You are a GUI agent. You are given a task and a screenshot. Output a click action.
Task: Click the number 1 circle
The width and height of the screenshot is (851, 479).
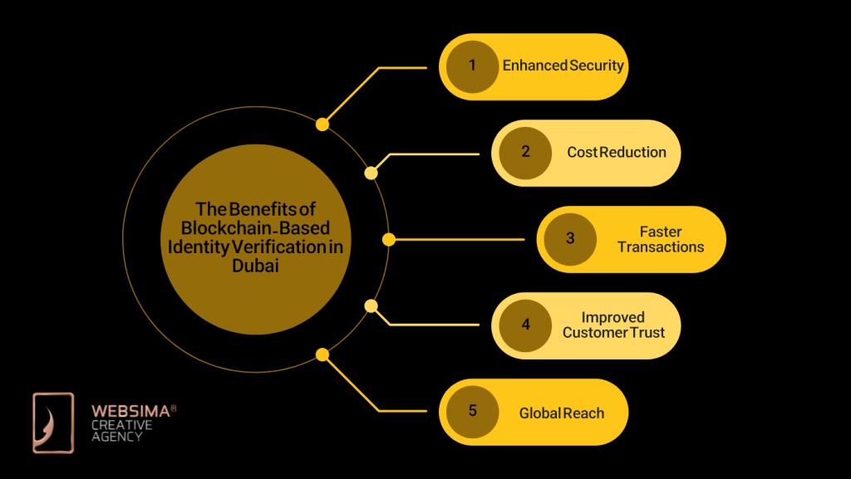pyautogui.click(x=472, y=66)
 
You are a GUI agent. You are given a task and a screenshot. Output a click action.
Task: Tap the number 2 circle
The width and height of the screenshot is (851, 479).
pyautogui.click(x=525, y=153)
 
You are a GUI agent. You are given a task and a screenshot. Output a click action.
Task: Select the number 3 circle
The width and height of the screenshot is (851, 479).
pyautogui.click(x=570, y=239)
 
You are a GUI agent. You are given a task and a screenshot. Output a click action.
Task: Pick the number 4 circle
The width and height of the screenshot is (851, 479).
pyautogui.click(x=525, y=325)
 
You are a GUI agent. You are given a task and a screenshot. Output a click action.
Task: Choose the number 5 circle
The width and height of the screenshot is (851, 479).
pyautogui.click(x=472, y=412)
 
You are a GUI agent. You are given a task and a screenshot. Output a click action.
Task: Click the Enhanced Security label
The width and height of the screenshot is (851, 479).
pyautogui.click(x=563, y=66)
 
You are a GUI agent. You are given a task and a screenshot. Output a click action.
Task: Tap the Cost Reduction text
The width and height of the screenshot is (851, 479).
pyautogui.click(x=617, y=153)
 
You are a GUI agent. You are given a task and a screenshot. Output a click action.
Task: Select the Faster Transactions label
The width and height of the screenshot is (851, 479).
pyautogui.click(x=661, y=239)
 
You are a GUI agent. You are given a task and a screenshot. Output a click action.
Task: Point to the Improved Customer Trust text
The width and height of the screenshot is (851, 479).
pyautogui.click(x=613, y=325)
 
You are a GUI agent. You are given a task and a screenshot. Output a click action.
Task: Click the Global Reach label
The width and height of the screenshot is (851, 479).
pyautogui.click(x=562, y=413)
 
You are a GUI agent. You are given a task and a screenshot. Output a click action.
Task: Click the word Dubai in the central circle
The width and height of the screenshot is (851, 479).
pyautogui.click(x=256, y=266)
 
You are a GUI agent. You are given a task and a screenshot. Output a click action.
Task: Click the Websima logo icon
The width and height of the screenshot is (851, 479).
pyautogui.click(x=53, y=423)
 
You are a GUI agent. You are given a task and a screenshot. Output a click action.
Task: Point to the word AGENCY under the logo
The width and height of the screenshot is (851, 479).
pyautogui.click(x=117, y=437)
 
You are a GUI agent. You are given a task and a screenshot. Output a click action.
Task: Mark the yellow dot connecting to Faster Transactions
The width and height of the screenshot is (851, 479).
pyautogui.click(x=388, y=239)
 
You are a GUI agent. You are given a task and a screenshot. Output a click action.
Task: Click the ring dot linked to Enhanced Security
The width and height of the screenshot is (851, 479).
pyautogui.click(x=322, y=125)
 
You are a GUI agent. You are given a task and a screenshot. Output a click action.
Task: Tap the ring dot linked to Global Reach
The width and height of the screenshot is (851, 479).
pyautogui.click(x=322, y=354)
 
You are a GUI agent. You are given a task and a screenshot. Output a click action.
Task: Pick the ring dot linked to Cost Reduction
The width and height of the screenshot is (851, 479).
pyautogui.click(x=371, y=173)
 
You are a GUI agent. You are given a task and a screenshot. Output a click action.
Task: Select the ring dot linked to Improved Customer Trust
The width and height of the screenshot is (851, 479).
pyautogui.click(x=371, y=305)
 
